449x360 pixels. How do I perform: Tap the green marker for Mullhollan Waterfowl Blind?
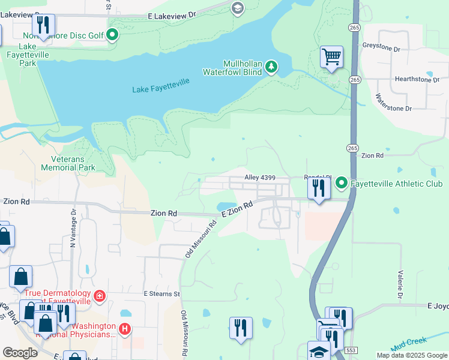coord(271,66)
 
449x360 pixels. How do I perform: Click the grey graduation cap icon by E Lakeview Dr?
coord(237,8)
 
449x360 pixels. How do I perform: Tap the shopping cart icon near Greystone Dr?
coord(331,57)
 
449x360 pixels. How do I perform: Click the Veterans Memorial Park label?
coord(68,163)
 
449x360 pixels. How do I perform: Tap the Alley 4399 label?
coord(259,178)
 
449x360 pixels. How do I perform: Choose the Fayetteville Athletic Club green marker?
coord(342,182)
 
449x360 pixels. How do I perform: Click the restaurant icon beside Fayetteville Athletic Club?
coord(318,188)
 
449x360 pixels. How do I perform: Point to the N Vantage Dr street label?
coord(73,228)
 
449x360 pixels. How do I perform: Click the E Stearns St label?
coord(162,293)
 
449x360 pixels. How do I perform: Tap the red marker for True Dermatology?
coord(99,296)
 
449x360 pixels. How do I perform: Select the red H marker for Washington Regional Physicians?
coord(124,328)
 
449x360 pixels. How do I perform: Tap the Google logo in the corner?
coord(20,353)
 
